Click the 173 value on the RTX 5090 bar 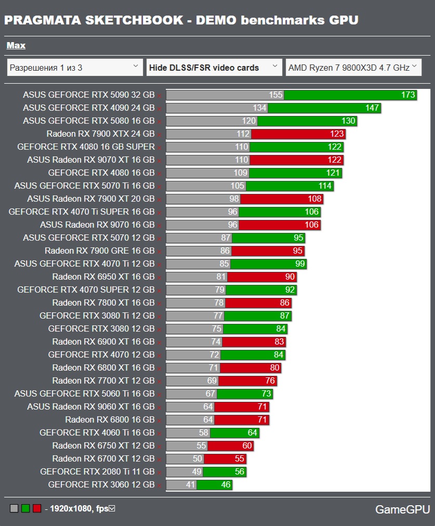coord(408,95)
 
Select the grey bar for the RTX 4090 coord(216,108)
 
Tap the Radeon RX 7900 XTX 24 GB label coord(100,134)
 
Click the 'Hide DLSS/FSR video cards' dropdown coord(214,68)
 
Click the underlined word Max coord(16,46)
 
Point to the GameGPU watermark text coord(400,509)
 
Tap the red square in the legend coord(36,508)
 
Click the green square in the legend coord(25,508)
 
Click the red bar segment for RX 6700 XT coord(225,458)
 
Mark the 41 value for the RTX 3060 coord(190,484)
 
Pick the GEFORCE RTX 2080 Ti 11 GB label coord(97,471)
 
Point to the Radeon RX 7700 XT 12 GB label coord(103,380)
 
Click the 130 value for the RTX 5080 coord(348,121)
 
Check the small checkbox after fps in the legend coord(111,508)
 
